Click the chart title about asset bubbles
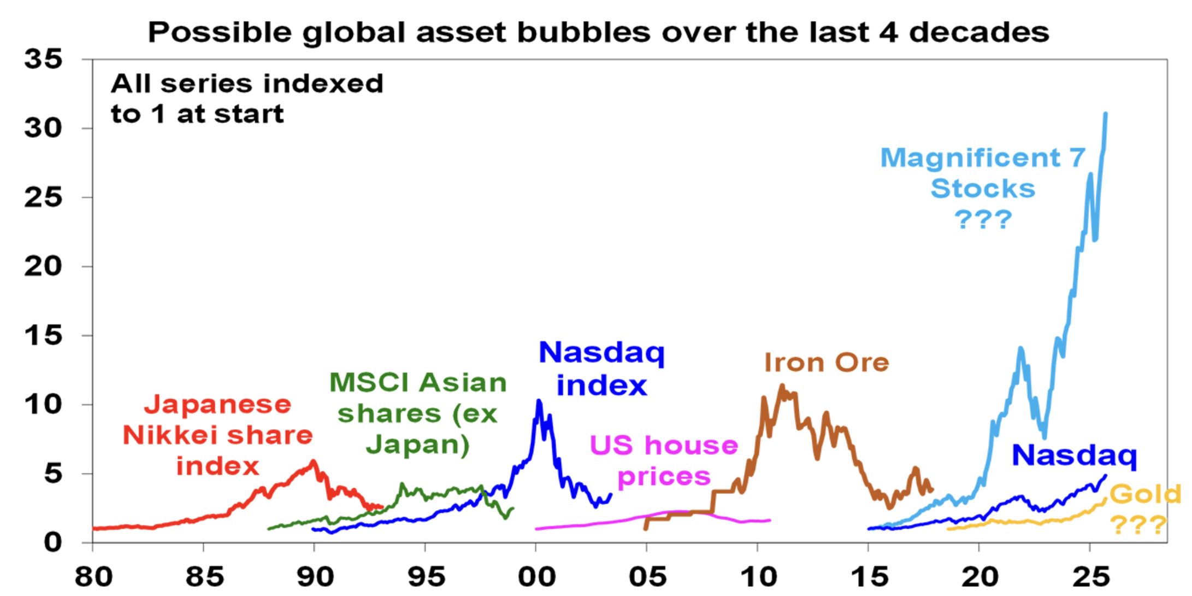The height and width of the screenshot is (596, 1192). tap(598, 32)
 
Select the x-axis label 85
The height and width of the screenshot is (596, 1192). tap(204, 576)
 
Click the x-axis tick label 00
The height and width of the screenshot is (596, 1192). tap(536, 576)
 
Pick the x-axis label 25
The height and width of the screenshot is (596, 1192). tap(1091, 576)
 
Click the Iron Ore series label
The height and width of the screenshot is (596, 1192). tap(826, 363)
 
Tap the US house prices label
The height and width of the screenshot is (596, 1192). tap(664, 460)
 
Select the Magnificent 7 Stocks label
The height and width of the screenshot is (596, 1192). tap(983, 173)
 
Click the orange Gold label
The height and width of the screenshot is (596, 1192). tap(1144, 494)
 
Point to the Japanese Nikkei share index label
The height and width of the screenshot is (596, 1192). tap(217, 435)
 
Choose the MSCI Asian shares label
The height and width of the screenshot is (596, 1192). tap(418, 413)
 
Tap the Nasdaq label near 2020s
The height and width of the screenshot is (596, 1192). tap(1074, 455)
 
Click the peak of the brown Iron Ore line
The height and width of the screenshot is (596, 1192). tap(782, 385)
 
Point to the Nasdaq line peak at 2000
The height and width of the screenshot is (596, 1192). tap(539, 401)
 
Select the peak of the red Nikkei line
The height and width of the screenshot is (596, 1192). tap(314, 461)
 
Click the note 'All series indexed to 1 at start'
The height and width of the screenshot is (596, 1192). tap(247, 98)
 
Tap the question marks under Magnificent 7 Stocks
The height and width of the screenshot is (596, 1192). tap(983, 220)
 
